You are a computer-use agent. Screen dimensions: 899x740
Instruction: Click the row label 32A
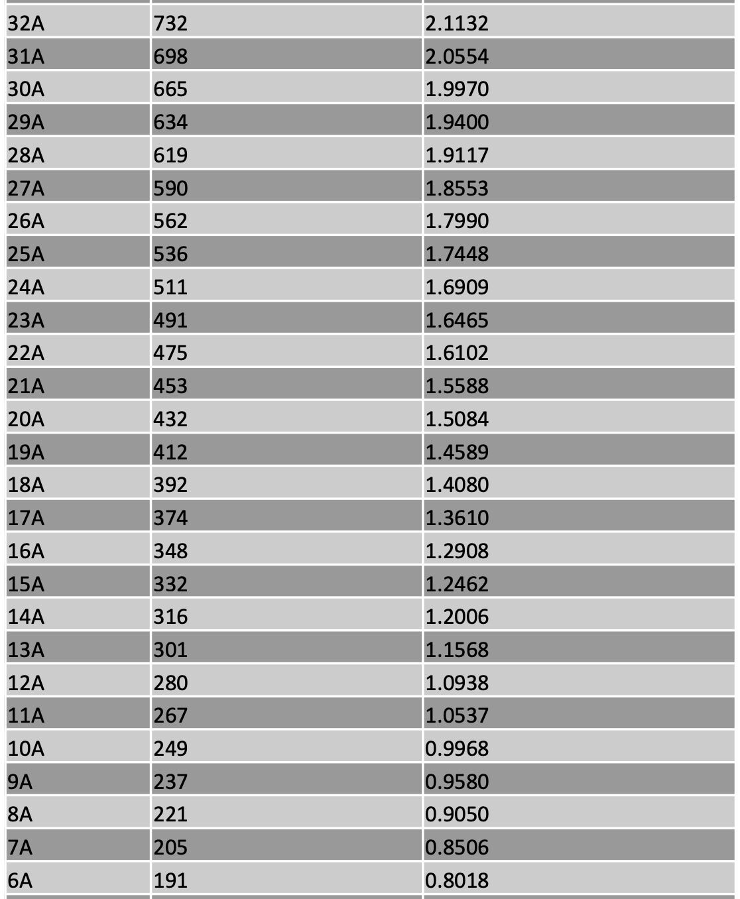(x=26, y=23)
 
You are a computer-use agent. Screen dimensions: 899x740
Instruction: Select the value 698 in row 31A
(x=170, y=56)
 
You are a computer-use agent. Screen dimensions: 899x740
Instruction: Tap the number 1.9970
(x=457, y=89)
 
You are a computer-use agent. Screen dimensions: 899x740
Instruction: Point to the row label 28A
(x=26, y=155)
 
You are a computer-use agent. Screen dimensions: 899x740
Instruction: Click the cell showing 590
(x=170, y=188)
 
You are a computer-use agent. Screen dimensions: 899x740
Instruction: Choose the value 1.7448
(x=457, y=254)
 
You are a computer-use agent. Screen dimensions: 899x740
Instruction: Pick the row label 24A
(x=26, y=287)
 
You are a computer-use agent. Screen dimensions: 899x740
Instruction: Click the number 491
(x=170, y=320)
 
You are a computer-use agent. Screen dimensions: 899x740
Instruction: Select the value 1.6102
(x=457, y=353)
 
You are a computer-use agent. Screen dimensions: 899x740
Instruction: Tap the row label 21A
(x=26, y=386)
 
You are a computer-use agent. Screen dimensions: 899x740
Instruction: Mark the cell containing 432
(x=170, y=419)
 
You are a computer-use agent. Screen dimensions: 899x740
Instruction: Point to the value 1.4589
(x=457, y=452)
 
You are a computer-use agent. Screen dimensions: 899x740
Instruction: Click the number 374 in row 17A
(x=170, y=518)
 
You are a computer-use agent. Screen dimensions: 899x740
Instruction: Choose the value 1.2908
(x=457, y=551)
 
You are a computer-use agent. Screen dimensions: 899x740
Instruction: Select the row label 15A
(x=26, y=584)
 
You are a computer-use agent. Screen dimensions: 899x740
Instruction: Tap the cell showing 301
(x=170, y=650)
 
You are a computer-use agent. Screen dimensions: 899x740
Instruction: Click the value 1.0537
(x=457, y=715)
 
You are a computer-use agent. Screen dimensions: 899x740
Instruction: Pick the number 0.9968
(x=457, y=749)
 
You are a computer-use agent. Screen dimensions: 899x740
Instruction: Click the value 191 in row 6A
(x=170, y=880)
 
